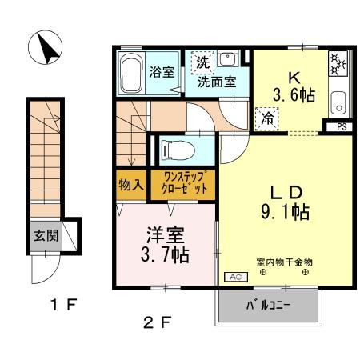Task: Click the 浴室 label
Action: (x=162, y=71)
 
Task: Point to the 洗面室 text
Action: (x=216, y=80)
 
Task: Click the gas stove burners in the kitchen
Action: (x=336, y=65)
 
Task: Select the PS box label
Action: (x=341, y=126)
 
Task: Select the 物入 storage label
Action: (x=130, y=185)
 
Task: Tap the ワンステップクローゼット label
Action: (x=189, y=183)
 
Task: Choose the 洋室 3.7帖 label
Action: (x=166, y=245)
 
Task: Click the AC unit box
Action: (x=235, y=276)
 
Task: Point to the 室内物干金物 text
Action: (x=284, y=262)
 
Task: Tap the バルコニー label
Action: (x=268, y=306)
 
